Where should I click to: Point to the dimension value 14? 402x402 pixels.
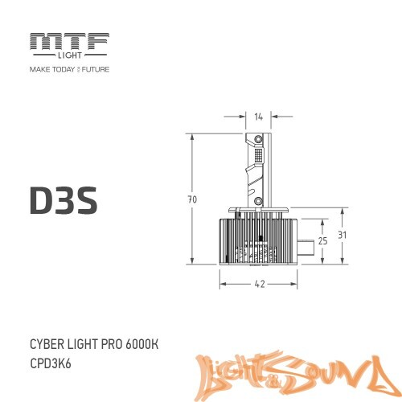coord(258,117)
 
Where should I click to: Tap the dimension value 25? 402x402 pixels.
coord(322,240)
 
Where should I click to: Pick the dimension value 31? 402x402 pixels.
coord(343,235)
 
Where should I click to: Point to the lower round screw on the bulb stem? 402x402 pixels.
coord(259,201)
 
